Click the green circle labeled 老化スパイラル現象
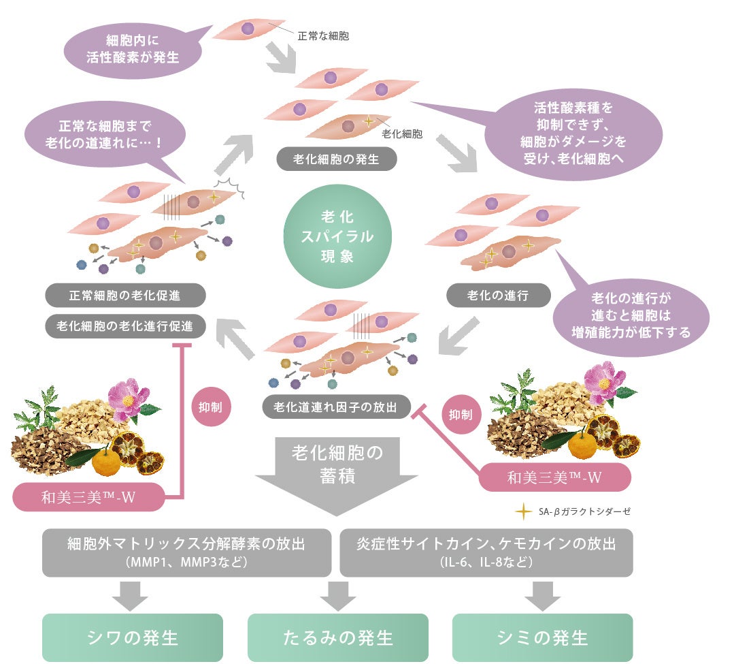pos(337,236)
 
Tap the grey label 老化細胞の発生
pos(336,159)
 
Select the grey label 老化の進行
pos(498,295)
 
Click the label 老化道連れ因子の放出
pos(337,407)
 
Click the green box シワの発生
pos(133,637)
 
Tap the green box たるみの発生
pos(337,637)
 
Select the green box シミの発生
pos(542,637)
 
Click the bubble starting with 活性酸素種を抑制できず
pos(573,133)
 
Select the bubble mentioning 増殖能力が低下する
pos(631,316)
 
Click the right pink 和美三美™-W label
pos(554,477)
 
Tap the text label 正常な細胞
pos(323,35)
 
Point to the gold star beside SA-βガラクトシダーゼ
pos(522,511)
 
